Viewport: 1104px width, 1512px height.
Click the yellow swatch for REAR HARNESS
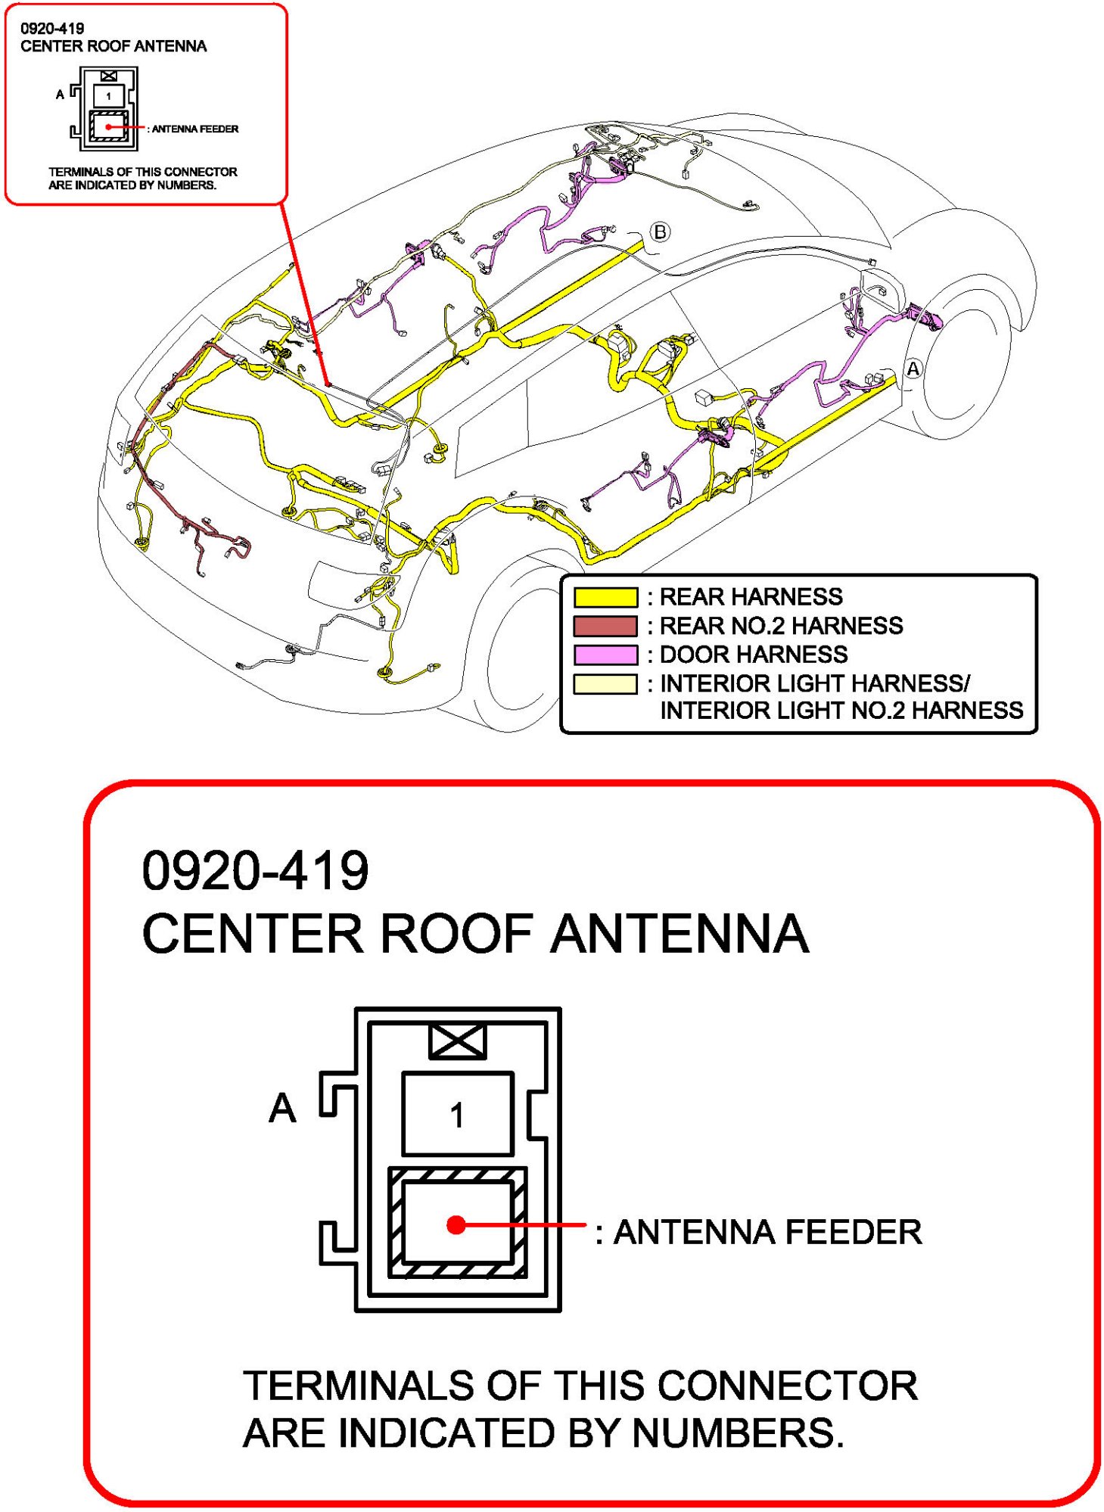pyautogui.click(x=605, y=597)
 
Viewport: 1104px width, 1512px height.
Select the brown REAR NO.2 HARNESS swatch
pyautogui.click(x=605, y=626)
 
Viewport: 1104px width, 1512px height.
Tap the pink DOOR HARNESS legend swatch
pyautogui.click(x=605, y=655)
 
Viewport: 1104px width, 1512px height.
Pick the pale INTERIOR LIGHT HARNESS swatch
pyautogui.click(x=605, y=683)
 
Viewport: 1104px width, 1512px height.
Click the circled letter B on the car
pyautogui.click(x=660, y=232)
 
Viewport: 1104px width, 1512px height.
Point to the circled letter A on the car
pyautogui.click(x=913, y=369)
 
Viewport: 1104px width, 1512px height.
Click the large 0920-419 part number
pyautogui.click(x=255, y=870)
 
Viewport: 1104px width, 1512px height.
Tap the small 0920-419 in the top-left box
pyautogui.click(x=52, y=29)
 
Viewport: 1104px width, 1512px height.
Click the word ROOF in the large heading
pyautogui.click(x=457, y=933)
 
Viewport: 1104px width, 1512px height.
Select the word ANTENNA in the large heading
pyautogui.click(x=680, y=933)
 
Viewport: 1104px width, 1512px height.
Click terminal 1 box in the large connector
pyautogui.click(x=457, y=1114)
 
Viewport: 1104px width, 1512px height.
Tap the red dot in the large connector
pyautogui.click(x=456, y=1224)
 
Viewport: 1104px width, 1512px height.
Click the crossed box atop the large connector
pyautogui.click(x=457, y=1041)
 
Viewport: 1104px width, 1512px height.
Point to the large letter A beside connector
pyautogui.click(x=282, y=1108)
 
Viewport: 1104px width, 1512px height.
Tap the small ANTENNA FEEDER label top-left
pyautogui.click(x=194, y=129)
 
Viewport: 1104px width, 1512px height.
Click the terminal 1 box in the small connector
pyautogui.click(x=108, y=96)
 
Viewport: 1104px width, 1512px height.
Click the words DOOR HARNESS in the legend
pyautogui.click(x=754, y=655)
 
